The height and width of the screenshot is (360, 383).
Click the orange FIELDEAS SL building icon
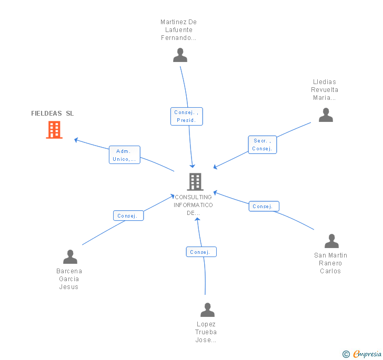pos(54,130)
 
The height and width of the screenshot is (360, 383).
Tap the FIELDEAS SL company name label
pos(53,114)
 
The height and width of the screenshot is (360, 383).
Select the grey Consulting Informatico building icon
pos(195,182)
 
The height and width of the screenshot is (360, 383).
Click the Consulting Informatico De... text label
pos(194,205)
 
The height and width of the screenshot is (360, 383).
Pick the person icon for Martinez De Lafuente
pos(180,55)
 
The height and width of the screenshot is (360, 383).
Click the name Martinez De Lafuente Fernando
pos(178,30)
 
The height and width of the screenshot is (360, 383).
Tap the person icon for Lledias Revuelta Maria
pos(326,115)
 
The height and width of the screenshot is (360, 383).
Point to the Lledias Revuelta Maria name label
pos(325,90)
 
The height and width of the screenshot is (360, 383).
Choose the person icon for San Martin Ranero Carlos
pos(331,241)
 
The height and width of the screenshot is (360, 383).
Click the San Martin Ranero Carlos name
pos(330,263)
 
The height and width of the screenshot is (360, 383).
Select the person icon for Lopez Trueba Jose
pos(207,310)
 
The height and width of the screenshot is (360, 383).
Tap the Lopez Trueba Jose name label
pos(206,332)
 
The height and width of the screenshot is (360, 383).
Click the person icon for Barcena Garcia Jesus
pos(70,257)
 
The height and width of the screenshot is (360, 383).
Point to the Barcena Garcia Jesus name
pos(69,279)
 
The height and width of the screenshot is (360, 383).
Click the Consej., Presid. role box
pos(186,116)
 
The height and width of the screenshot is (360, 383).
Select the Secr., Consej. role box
pos(262,145)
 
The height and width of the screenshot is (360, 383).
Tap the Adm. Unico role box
pos(125,155)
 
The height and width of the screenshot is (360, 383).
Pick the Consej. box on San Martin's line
pos(264,207)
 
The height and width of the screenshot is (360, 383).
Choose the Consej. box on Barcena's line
pos(128,215)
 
